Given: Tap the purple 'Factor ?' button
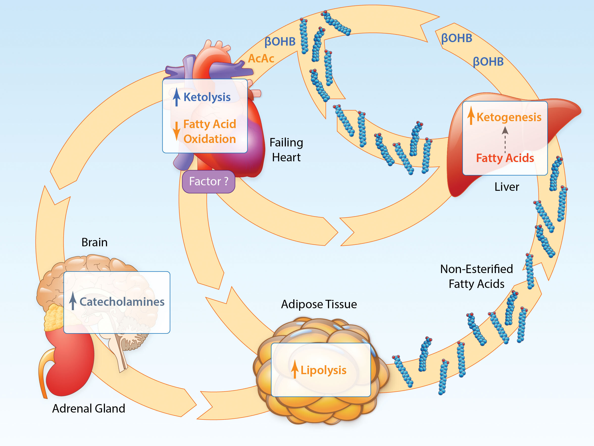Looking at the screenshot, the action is [209, 182].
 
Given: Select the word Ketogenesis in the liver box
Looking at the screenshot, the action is [509, 117].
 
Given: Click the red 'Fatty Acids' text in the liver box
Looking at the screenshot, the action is [505, 158].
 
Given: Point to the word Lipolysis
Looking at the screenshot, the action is [323, 370].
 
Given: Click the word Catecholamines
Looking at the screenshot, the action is [122, 302].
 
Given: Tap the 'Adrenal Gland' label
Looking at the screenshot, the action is [89, 409].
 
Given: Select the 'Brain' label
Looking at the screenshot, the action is [95, 242].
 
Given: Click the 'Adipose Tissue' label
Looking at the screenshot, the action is [319, 305].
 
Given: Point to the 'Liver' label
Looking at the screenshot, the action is [507, 187].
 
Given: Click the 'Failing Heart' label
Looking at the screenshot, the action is [286, 150].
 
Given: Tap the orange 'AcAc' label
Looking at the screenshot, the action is [261, 58].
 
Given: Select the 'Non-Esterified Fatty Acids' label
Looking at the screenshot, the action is [477, 276].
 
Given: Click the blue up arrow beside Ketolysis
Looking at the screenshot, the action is [176, 97].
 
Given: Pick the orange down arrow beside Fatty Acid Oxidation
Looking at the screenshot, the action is [176, 131].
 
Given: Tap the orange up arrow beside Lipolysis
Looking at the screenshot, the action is [295, 369].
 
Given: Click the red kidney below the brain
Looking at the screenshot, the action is [69, 363].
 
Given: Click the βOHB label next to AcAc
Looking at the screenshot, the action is [280, 42].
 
